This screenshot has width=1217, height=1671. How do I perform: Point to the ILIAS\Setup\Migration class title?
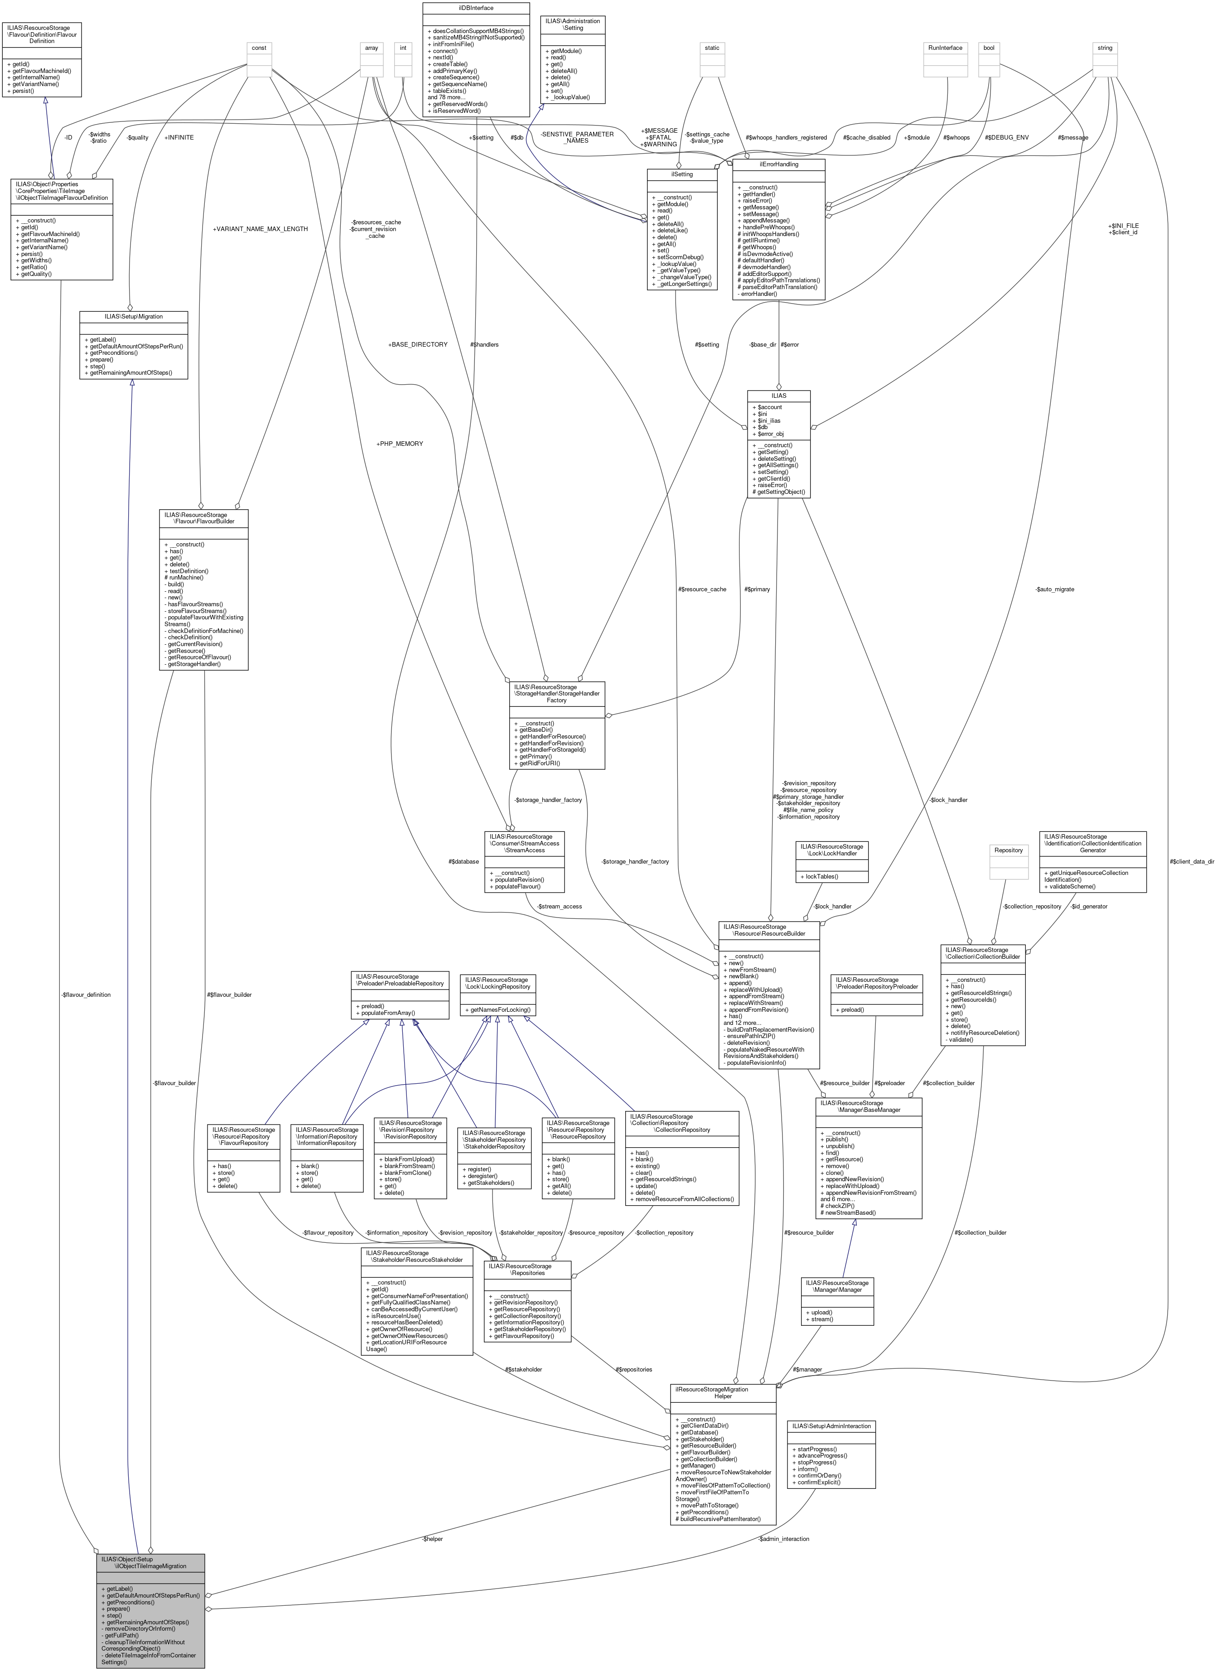(x=133, y=317)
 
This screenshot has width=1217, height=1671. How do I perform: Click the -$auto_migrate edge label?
(x=1055, y=589)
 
